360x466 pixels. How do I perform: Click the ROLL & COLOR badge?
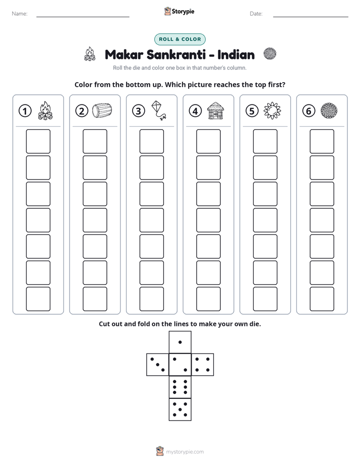(x=179, y=39)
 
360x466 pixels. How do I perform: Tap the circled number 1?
(x=25, y=111)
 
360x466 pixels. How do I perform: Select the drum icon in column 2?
(x=102, y=110)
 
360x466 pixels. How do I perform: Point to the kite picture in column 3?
(x=159, y=110)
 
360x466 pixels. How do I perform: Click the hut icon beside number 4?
(x=215, y=110)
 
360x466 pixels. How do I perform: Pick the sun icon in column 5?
(x=272, y=110)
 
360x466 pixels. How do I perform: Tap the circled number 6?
(x=309, y=111)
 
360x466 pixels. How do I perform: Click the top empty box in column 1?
(x=38, y=141)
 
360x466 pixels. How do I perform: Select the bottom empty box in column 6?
(x=322, y=299)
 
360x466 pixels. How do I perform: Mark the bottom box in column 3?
(x=152, y=299)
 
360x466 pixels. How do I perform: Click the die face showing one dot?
(x=180, y=342)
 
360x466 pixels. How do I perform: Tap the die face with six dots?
(x=180, y=387)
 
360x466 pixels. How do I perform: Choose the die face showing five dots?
(x=180, y=410)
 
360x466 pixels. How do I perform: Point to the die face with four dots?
(x=203, y=365)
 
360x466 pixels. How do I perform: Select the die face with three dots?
(x=158, y=365)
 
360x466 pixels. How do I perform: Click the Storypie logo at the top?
(x=179, y=11)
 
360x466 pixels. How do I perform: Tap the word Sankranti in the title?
(x=176, y=54)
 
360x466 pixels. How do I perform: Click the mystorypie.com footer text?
(x=185, y=452)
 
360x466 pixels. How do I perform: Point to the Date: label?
(x=256, y=14)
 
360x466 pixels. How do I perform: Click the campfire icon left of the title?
(x=90, y=54)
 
